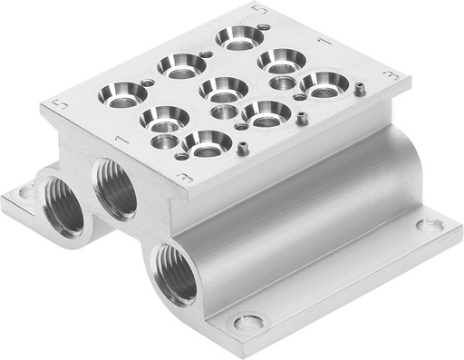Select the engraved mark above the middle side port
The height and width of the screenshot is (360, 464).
click(119, 139)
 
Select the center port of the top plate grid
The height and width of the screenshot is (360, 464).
click(223, 89)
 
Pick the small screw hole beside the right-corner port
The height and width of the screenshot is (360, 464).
click(360, 88)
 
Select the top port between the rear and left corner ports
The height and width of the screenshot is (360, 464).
click(179, 63)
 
